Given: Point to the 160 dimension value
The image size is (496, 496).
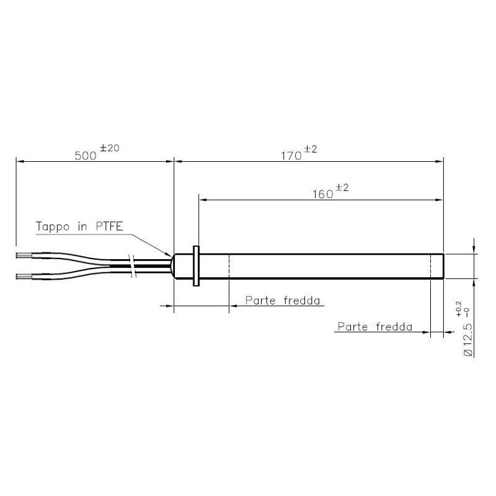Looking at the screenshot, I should coord(322,193).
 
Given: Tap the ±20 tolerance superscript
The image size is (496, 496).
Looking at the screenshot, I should coord(109,148).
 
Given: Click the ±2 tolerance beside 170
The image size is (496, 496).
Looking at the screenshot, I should coord(310,149).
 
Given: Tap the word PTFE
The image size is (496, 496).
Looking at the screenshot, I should coord(109,226).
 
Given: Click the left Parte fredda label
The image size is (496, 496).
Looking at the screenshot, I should coord(283,301).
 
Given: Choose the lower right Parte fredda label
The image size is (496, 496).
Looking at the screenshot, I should coord(374,327).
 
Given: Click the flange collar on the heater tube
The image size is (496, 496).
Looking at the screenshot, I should coord(196,266).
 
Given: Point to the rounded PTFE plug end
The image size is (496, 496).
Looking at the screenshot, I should coord(180,266).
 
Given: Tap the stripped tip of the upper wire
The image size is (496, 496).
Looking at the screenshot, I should coord(24,255).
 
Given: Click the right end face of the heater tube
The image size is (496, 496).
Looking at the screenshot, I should coord(443,266).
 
